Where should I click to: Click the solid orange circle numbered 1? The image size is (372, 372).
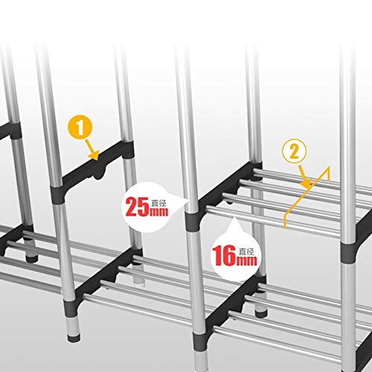coord(80,127)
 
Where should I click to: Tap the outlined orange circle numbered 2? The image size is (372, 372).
coord(295,151)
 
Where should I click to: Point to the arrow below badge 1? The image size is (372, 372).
coord(92,150)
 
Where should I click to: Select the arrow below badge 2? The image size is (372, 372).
coord(304,177)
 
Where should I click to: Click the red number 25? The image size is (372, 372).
coord(137,207)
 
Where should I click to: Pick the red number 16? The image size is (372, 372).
coord(224,255)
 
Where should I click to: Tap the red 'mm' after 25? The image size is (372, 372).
coord(158,211)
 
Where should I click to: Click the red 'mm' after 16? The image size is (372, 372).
coord(246,261)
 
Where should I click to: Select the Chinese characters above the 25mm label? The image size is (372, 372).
coord(158,203)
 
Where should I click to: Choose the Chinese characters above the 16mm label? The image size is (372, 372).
coord(246,251)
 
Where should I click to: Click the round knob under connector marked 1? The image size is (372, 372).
coord(99,174)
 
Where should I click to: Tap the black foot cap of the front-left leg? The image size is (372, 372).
coord(74,339)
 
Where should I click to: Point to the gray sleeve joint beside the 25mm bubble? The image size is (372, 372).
coord(193,222)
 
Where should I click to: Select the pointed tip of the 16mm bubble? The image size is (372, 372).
coord(234,217)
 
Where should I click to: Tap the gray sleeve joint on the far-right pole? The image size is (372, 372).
coord(349,253)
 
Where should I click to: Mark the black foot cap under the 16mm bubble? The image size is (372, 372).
coord(261,314)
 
